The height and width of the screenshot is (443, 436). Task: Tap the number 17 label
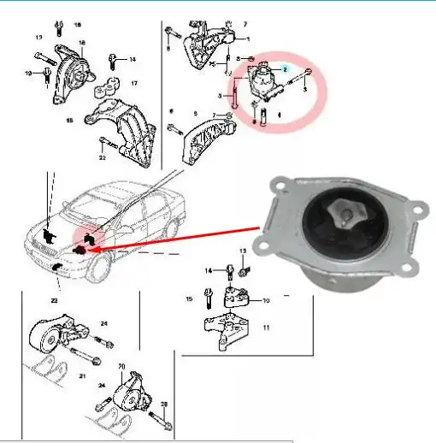click(x=133, y=84)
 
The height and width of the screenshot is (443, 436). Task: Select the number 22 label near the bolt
click(x=102, y=157)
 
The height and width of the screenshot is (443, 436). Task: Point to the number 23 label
click(x=53, y=301)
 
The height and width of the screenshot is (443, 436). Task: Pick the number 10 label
click(x=265, y=300)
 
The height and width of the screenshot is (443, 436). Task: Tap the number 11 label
click(x=265, y=328)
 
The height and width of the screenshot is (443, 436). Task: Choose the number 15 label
click(x=189, y=299)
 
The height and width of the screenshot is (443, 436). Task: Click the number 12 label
click(x=38, y=38)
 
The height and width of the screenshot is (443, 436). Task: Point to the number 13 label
click(x=242, y=251)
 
